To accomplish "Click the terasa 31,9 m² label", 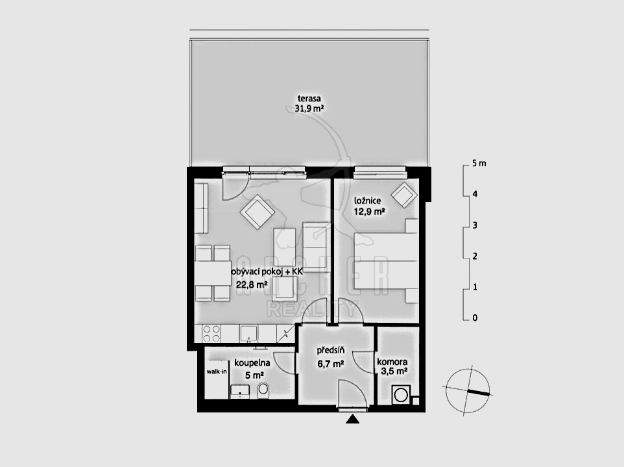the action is pos(309,103).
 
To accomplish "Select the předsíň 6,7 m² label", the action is pos(330,357).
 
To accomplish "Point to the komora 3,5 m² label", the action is pos(392,366).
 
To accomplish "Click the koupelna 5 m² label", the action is pos(252,368).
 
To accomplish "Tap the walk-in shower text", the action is pos(217,372).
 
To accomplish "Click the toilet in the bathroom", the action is pos(263,390).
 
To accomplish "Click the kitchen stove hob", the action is pos(211,334).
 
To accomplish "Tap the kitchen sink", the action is pos(248,333).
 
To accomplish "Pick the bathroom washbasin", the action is pos(239,391).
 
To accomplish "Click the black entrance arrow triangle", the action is pos(352,419).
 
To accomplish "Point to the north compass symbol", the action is pos(468,389).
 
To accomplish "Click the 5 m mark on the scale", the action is pos(479,164).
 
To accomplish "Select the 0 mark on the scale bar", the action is pos(474,318).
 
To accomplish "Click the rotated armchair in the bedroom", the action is pos(404,195).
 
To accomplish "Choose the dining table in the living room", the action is pos(213,273).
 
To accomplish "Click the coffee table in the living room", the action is pos(285,244).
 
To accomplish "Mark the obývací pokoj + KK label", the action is pos(267,271).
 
